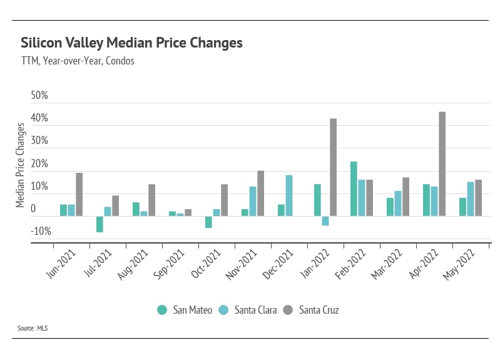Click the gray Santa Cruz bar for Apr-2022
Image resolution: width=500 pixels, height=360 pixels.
(442, 164)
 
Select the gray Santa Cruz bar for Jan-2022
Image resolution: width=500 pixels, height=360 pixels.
(333, 167)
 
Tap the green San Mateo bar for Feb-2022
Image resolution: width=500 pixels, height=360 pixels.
(354, 189)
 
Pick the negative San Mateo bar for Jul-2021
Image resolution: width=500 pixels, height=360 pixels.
(99, 224)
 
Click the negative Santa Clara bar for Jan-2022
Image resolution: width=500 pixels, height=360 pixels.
(325, 220)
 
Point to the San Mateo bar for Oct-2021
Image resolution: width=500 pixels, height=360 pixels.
(208, 222)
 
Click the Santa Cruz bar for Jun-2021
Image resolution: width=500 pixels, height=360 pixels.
(79, 194)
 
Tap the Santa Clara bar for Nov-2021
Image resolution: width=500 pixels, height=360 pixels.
(253, 201)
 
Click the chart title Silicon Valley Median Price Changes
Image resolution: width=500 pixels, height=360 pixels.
(131, 43)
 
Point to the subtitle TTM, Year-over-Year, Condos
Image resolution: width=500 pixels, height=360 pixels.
(78, 61)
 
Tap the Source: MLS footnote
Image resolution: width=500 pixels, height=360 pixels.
(33, 327)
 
